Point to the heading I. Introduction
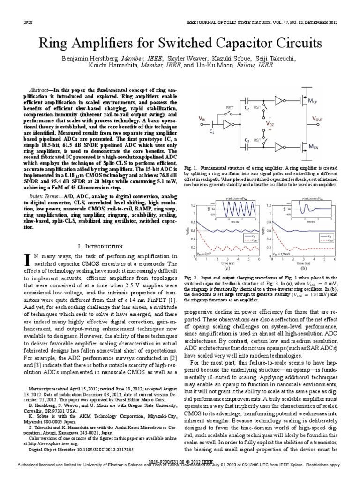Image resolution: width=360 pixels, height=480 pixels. pos(100,246)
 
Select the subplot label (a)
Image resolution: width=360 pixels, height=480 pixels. pos(227,269)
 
